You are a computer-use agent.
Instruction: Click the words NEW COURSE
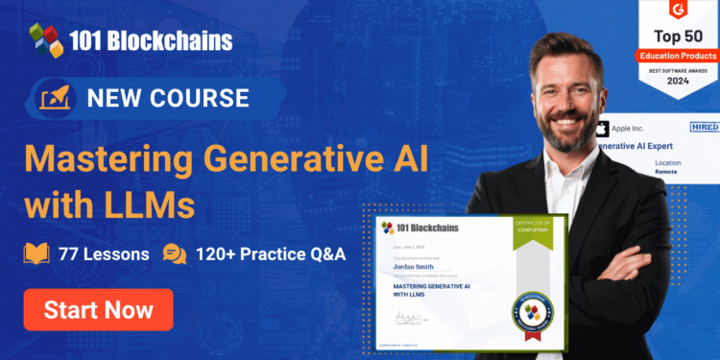click(168, 98)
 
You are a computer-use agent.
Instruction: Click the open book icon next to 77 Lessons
click(36, 254)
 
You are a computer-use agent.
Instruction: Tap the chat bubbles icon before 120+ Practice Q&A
click(175, 254)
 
